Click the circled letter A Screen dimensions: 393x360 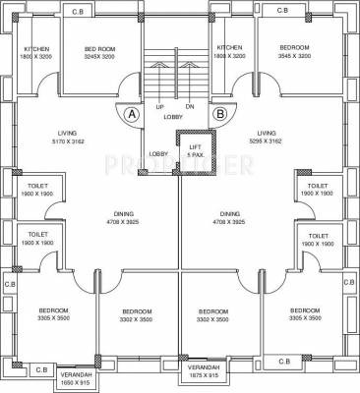(131, 114)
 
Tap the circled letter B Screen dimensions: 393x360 (219, 114)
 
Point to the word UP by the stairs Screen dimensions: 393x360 (159, 106)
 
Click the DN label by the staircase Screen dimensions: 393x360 (190, 106)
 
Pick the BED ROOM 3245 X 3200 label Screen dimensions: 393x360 (100, 52)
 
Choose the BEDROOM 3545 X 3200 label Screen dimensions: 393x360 (294, 52)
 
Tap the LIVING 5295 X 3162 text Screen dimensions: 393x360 (266, 137)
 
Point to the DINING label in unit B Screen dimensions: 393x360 (230, 218)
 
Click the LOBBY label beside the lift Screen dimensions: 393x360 (158, 154)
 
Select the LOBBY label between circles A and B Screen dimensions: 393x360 (173, 117)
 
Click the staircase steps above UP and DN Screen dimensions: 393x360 (174, 69)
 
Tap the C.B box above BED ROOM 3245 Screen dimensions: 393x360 (78, 10)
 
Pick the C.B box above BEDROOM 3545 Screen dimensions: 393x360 (281, 10)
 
